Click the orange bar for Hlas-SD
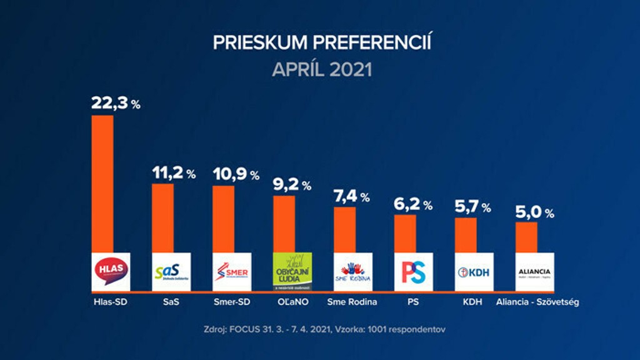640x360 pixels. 102,184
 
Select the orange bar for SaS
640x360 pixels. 163,218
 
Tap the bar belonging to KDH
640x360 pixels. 465,235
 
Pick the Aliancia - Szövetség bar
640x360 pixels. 526,237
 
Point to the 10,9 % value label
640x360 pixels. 236,175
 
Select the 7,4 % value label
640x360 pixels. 352,197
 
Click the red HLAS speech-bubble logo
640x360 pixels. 111,271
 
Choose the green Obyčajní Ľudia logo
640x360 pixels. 292,271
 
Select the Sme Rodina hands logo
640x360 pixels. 352,271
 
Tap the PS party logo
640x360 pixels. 413,271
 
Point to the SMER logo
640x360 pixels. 232,271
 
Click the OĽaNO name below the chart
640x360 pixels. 292,302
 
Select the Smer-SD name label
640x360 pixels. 232,302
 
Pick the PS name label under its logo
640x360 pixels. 413,302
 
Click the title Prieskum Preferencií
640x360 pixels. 322,42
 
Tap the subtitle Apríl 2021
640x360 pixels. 322,69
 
